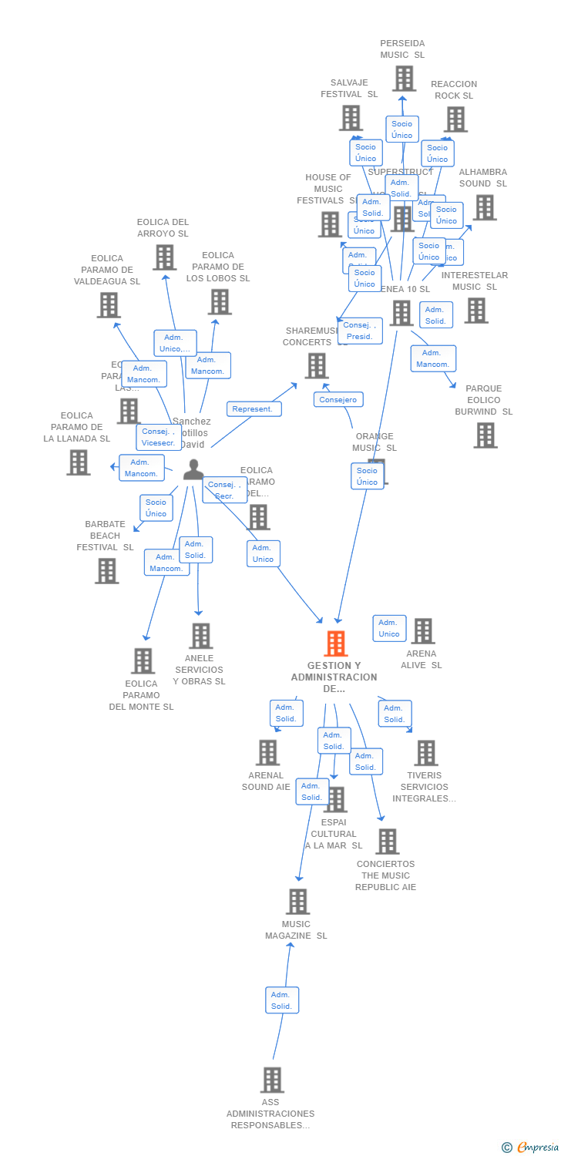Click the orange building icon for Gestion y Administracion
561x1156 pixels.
coord(336,644)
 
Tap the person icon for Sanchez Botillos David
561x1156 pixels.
coord(193,469)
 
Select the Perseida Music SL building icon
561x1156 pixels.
coord(404,79)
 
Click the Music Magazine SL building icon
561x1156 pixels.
coord(297,901)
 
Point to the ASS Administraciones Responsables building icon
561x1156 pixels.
coord(271,1080)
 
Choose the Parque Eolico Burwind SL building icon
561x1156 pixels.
coord(485,435)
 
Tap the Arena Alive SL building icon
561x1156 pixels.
coord(422,631)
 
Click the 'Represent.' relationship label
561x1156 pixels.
coord(254,409)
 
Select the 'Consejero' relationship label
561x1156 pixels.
coord(338,400)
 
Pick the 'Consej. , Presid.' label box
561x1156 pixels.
coord(359,331)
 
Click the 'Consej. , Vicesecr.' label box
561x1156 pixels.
coord(159,437)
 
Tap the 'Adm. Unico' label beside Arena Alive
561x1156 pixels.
coord(389,628)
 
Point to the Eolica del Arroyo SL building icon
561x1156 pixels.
coord(164,257)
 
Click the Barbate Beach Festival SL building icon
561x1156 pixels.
coord(106,571)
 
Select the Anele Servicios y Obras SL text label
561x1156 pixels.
coord(199,670)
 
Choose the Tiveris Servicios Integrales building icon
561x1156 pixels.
coord(425,753)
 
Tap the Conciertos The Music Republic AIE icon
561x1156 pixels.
coord(387,842)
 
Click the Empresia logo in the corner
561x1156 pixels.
coord(531,1148)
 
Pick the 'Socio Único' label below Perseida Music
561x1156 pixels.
coord(401,129)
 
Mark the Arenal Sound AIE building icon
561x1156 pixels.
coord(267,753)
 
